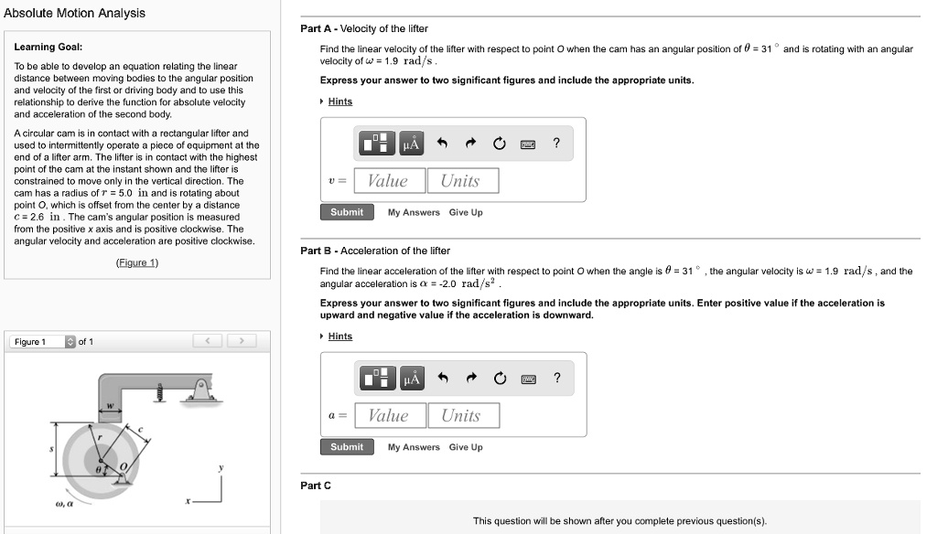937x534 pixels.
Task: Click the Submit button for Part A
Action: point(347,212)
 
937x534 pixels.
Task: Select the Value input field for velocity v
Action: point(388,181)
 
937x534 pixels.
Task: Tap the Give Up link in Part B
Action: point(466,447)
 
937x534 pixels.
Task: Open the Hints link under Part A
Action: point(339,101)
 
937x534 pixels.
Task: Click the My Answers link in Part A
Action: point(414,212)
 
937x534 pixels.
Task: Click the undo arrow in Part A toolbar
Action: point(442,144)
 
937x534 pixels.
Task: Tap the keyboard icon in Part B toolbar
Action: point(528,379)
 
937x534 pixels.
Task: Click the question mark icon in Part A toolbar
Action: point(556,144)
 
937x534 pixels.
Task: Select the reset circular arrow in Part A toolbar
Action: point(499,144)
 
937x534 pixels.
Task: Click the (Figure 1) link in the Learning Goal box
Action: point(137,262)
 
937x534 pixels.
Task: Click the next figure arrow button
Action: point(242,342)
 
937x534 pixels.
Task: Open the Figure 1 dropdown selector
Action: point(70,342)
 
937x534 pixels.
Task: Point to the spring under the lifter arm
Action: point(159,392)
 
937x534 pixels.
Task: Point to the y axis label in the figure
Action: point(220,467)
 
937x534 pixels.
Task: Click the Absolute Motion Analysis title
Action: point(74,13)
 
